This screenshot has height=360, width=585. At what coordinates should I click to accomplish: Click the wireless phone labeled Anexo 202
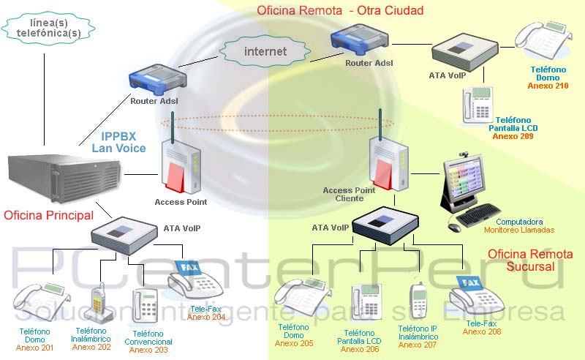coord(99,303)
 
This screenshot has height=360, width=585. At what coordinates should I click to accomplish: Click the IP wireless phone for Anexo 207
coord(418,301)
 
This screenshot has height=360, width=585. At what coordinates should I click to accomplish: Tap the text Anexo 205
coord(295,343)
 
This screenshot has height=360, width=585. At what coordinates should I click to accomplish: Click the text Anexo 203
coord(149,350)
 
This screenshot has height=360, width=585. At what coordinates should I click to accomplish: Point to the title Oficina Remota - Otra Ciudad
coord(339,10)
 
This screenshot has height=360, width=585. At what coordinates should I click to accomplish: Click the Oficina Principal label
coord(48,215)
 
